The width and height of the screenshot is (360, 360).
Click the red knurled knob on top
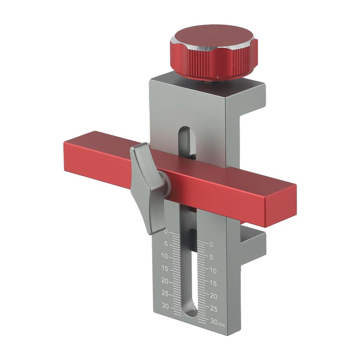[x=213, y=53]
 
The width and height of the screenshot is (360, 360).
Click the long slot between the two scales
[x=190, y=274]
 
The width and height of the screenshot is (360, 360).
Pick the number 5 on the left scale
[x=166, y=244]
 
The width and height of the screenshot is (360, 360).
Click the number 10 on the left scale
[x=165, y=256]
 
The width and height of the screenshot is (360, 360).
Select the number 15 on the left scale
[x=165, y=269]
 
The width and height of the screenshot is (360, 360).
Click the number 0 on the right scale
[x=211, y=245]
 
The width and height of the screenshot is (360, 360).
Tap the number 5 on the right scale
[x=211, y=257]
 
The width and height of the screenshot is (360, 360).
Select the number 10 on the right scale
[x=213, y=270]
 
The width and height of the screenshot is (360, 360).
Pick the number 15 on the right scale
[x=213, y=283]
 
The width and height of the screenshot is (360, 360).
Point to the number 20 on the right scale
[x=213, y=296]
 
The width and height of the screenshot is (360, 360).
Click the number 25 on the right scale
[x=213, y=309]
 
